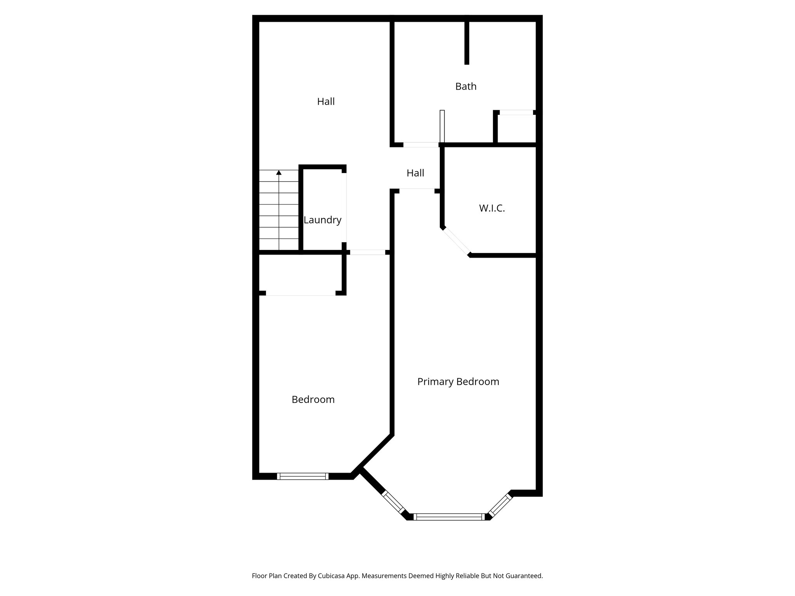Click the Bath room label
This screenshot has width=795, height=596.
tap(465, 86)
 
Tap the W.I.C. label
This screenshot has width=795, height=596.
tap(491, 208)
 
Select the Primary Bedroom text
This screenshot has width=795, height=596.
tap(458, 381)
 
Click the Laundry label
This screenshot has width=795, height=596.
tap(322, 220)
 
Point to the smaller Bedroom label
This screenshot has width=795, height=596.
tap(313, 399)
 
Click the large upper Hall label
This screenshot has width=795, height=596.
tap(326, 101)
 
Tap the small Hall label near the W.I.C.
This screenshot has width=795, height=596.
tap(415, 173)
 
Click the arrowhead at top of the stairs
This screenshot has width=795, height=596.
tap(279, 173)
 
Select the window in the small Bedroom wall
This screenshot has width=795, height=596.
tap(303, 476)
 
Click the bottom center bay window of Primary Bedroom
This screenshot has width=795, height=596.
tap(449, 516)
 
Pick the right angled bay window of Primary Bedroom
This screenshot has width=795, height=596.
tap(500, 505)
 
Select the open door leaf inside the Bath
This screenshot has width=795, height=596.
tap(442, 126)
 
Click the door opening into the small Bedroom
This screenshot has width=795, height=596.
tap(368, 252)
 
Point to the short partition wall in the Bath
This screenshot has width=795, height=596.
tap(467, 43)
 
